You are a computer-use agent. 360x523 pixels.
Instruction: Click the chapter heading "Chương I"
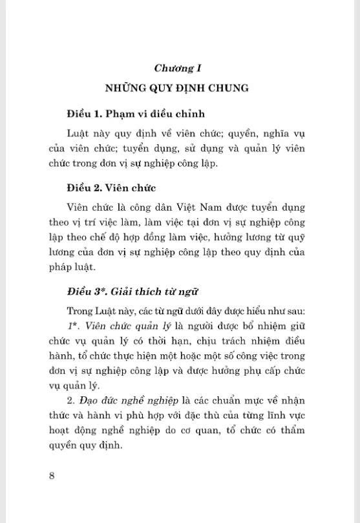pyautogui.click(x=180, y=67)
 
